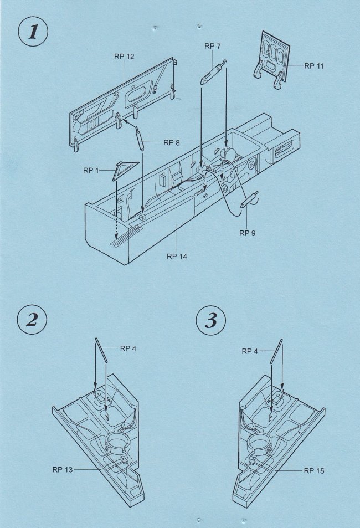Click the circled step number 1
point(32,32)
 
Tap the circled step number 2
point(32,320)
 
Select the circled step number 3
point(211,320)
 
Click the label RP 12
point(124,57)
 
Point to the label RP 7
point(213,46)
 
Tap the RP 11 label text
point(314,66)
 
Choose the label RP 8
point(171,143)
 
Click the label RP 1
point(91,171)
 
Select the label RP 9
point(248,233)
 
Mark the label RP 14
point(177,257)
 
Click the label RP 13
point(62,469)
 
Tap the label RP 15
point(314,471)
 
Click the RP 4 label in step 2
point(128,348)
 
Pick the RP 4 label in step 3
point(250,351)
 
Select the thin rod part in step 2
point(101,350)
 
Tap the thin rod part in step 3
point(276,351)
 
